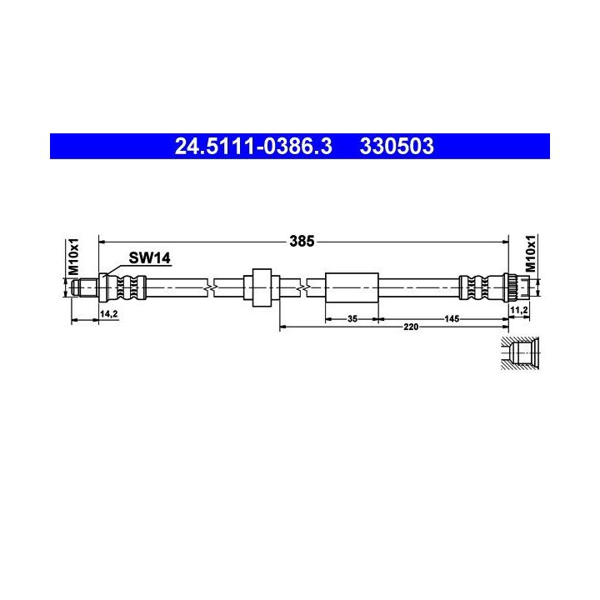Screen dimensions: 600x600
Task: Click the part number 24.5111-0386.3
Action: point(253,146)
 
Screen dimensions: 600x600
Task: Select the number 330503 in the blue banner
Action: point(397,146)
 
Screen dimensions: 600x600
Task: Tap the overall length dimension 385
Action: point(302,242)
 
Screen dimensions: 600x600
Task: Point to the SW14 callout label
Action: point(150,257)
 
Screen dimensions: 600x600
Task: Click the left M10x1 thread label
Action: point(73,257)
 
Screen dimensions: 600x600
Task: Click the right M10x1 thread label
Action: point(530,253)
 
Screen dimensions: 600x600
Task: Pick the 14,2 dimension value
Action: point(108,314)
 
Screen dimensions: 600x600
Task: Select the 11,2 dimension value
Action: point(519,310)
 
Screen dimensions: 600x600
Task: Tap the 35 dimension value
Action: point(352,318)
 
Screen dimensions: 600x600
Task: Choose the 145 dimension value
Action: point(452,318)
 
